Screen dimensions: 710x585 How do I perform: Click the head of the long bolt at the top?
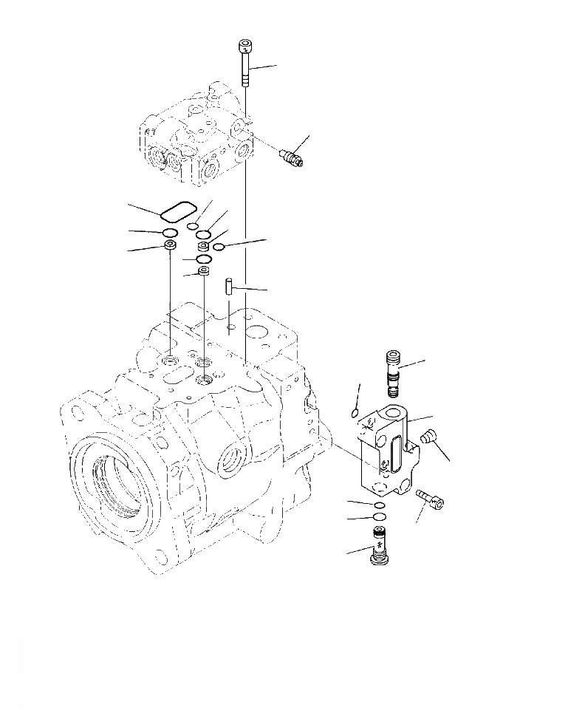[244, 47]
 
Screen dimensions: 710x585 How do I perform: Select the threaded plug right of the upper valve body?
[291, 157]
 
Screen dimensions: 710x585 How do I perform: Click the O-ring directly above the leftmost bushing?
[170, 234]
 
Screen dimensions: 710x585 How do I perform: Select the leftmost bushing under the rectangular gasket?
[170, 245]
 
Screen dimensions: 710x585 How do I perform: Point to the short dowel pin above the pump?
[229, 284]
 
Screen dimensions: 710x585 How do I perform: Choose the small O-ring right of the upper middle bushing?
[219, 247]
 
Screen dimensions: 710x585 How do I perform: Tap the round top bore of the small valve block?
[394, 410]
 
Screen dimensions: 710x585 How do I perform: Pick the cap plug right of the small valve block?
[425, 439]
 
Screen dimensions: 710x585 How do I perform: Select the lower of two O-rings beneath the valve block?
[379, 516]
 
